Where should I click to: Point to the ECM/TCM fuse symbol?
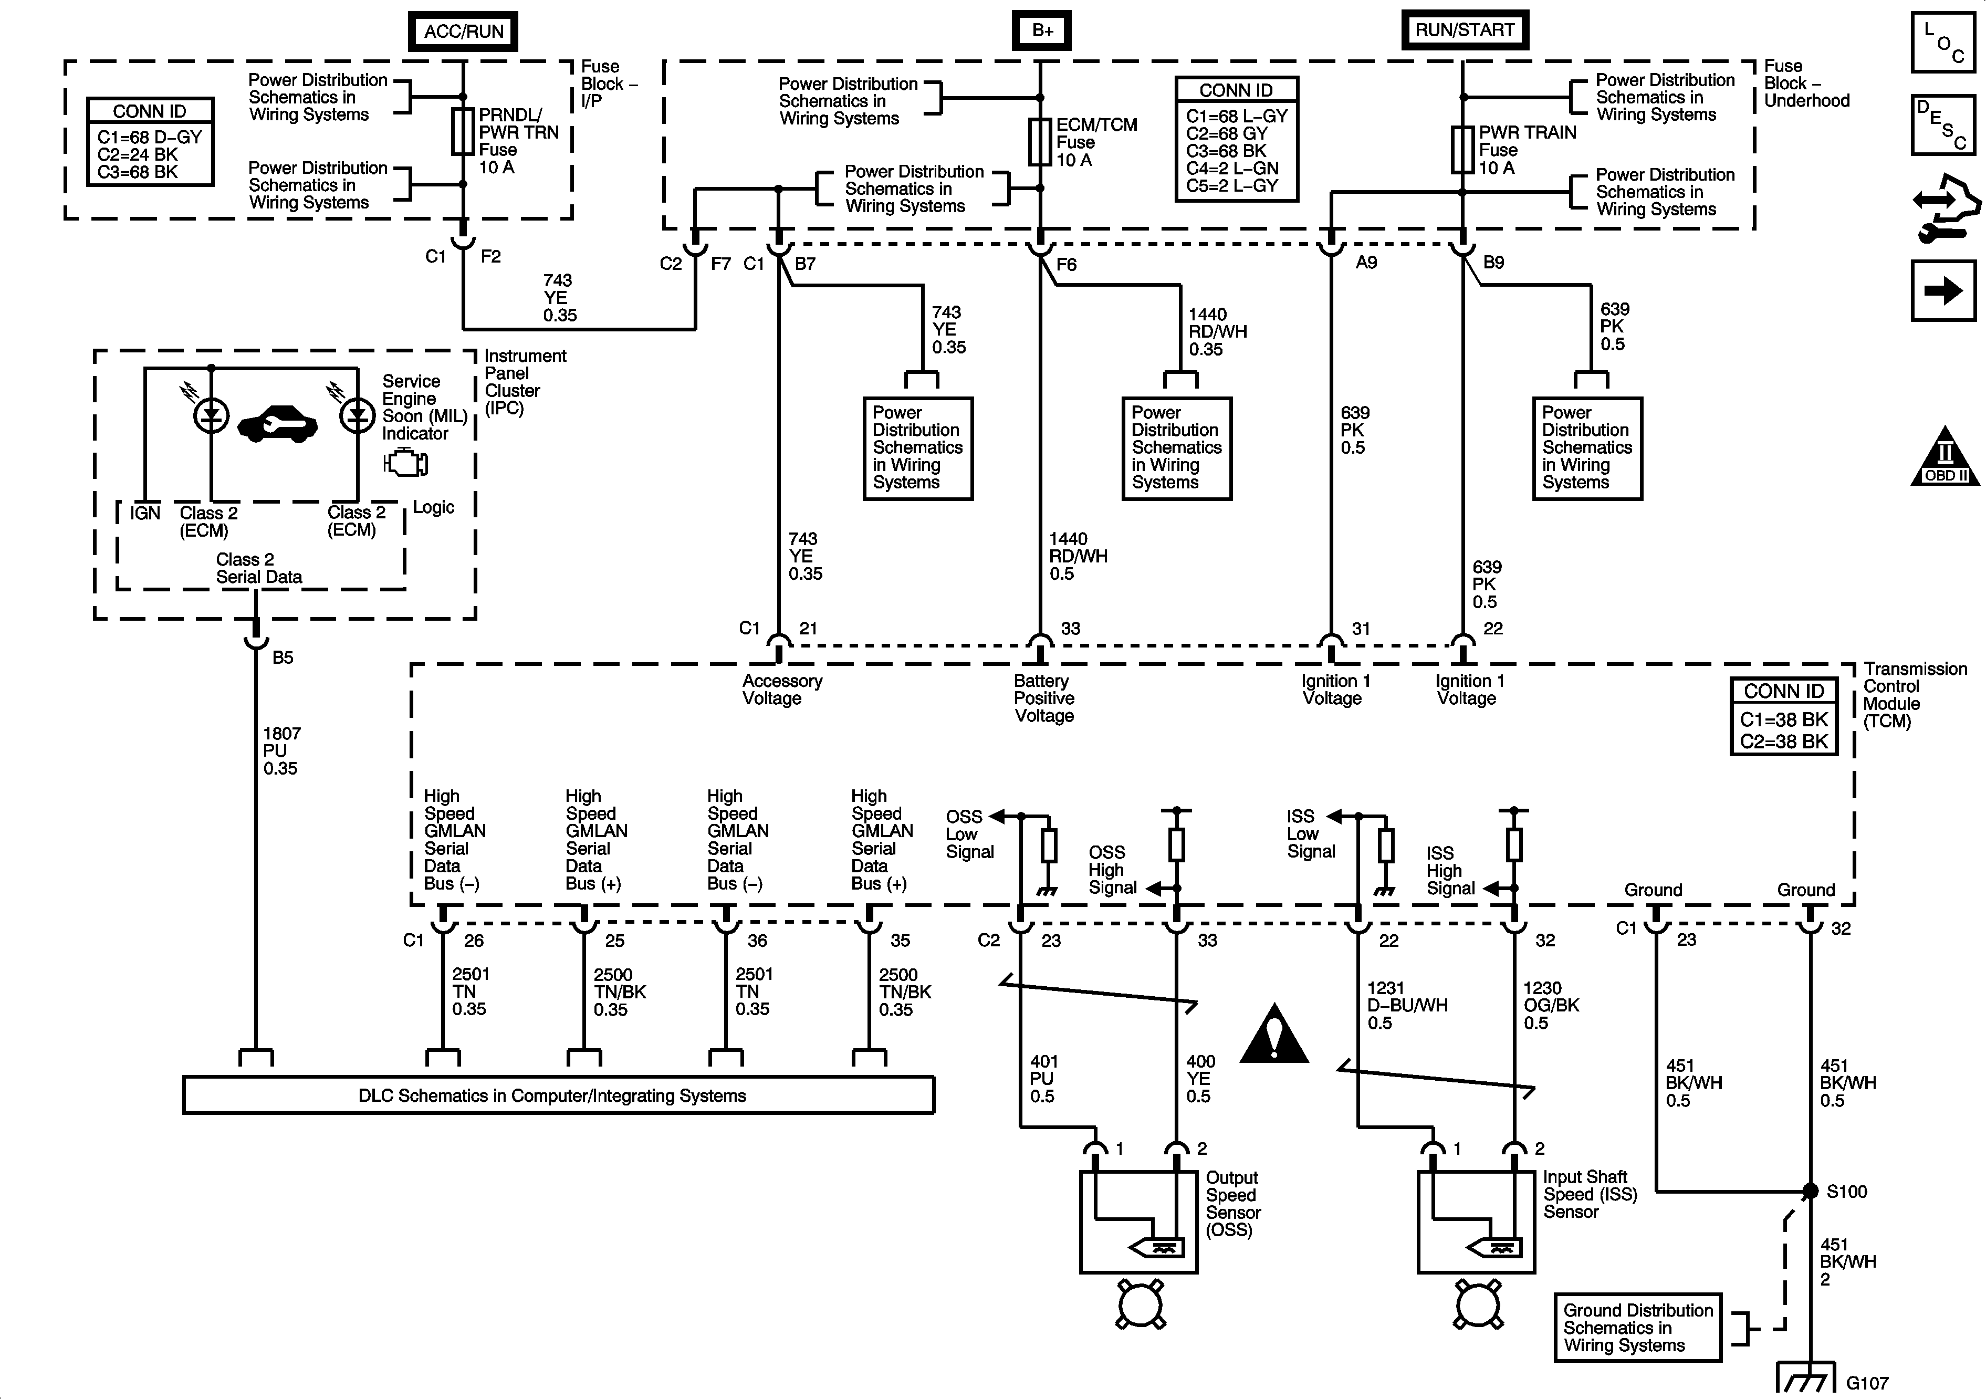point(1040,142)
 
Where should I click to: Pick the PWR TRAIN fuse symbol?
point(1462,150)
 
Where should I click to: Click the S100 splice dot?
point(1810,1192)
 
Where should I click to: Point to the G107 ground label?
point(1867,1383)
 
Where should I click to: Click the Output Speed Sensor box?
point(1138,1221)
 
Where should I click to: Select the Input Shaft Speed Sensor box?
point(1476,1221)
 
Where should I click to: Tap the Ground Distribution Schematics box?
point(1637,1327)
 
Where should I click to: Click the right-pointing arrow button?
point(1943,291)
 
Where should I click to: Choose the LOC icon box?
point(1943,41)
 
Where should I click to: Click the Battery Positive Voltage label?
point(1044,698)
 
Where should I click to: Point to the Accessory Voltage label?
point(782,690)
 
